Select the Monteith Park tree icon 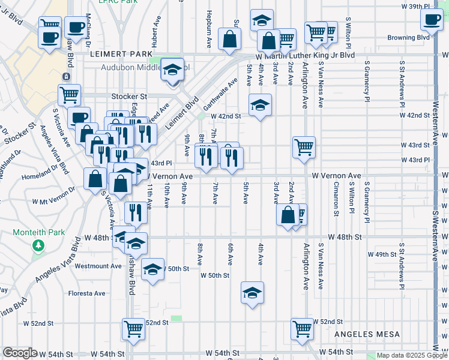point(39,245)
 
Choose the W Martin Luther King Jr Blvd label point(306,55)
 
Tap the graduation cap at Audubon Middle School point(172,70)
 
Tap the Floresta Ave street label point(86,293)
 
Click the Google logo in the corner point(20,353)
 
